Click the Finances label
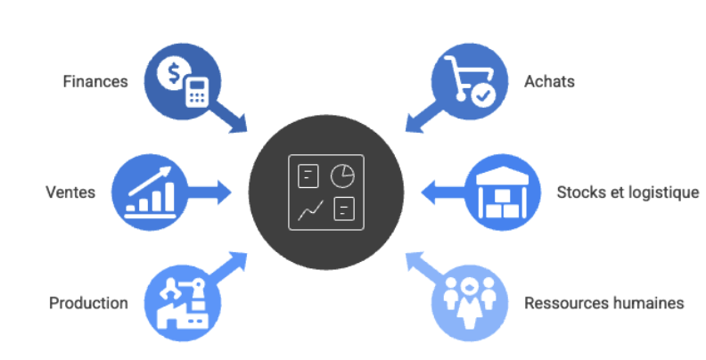(x=95, y=81)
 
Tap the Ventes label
(x=70, y=192)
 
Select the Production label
(x=88, y=303)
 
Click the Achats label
(x=550, y=81)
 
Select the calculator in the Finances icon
(x=196, y=92)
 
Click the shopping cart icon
(x=464, y=76)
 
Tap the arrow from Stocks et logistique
(x=439, y=191)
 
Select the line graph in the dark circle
(x=310, y=210)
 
